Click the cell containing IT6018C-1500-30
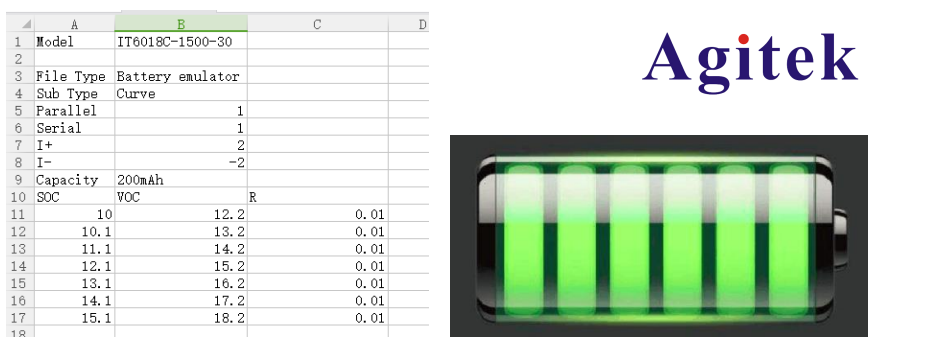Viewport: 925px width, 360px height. coord(181,41)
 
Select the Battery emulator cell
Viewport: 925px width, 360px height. coord(181,76)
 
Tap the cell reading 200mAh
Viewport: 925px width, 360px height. coord(181,180)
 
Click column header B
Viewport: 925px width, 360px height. coord(181,24)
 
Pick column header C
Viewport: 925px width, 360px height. coord(317,24)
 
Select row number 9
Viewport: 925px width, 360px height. coord(18,180)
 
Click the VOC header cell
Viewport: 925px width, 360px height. coord(181,197)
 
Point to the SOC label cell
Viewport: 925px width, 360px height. coord(74,197)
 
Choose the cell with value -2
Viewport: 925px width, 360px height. coord(181,162)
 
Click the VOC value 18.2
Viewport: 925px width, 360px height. coord(181,318)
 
